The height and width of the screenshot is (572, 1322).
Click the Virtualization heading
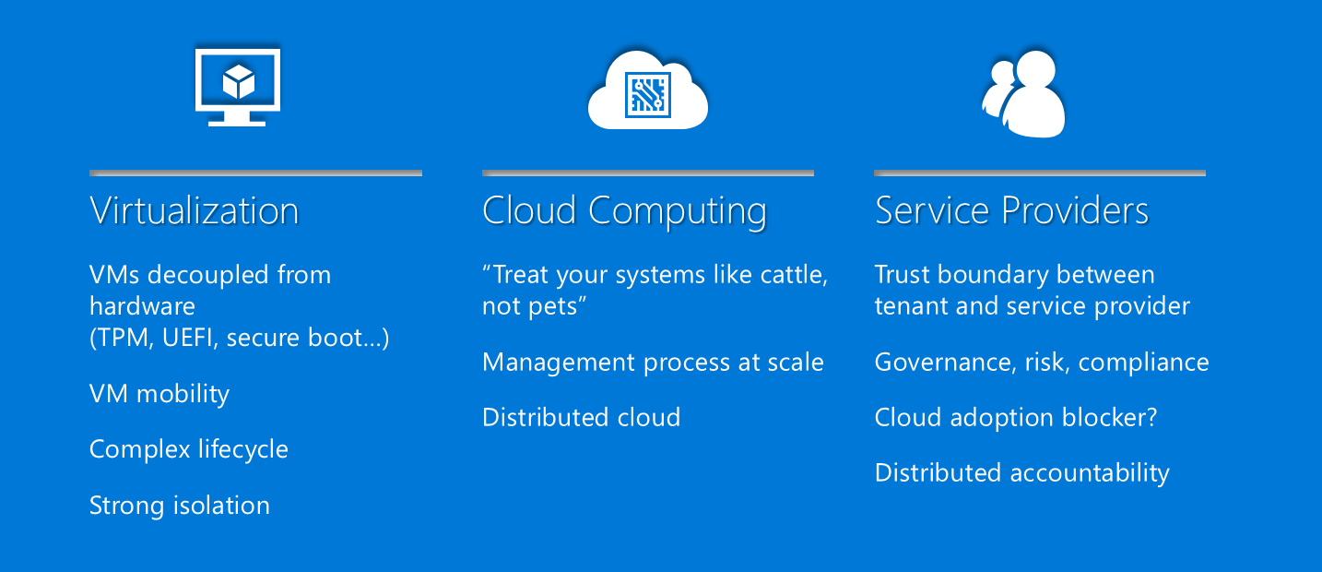[x=195, y=210]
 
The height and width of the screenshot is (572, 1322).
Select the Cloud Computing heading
[x=624, y=211]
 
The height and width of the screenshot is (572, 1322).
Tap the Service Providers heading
[x=1011, y=210]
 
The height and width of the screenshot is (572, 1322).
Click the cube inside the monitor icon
[x=239, y=81]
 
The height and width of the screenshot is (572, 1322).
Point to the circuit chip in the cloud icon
[x=648, y=95]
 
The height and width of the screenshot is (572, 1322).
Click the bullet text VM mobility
[x=159, y=394]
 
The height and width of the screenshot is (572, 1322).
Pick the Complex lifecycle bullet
[x=189, y=449]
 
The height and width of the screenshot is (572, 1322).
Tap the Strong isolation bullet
[x=180, y=506]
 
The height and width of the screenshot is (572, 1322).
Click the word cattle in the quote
[x=794, y=275]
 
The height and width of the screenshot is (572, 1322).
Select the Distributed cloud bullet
[x=582, y=417]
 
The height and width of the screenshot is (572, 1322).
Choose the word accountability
[x=1090, y=473]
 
